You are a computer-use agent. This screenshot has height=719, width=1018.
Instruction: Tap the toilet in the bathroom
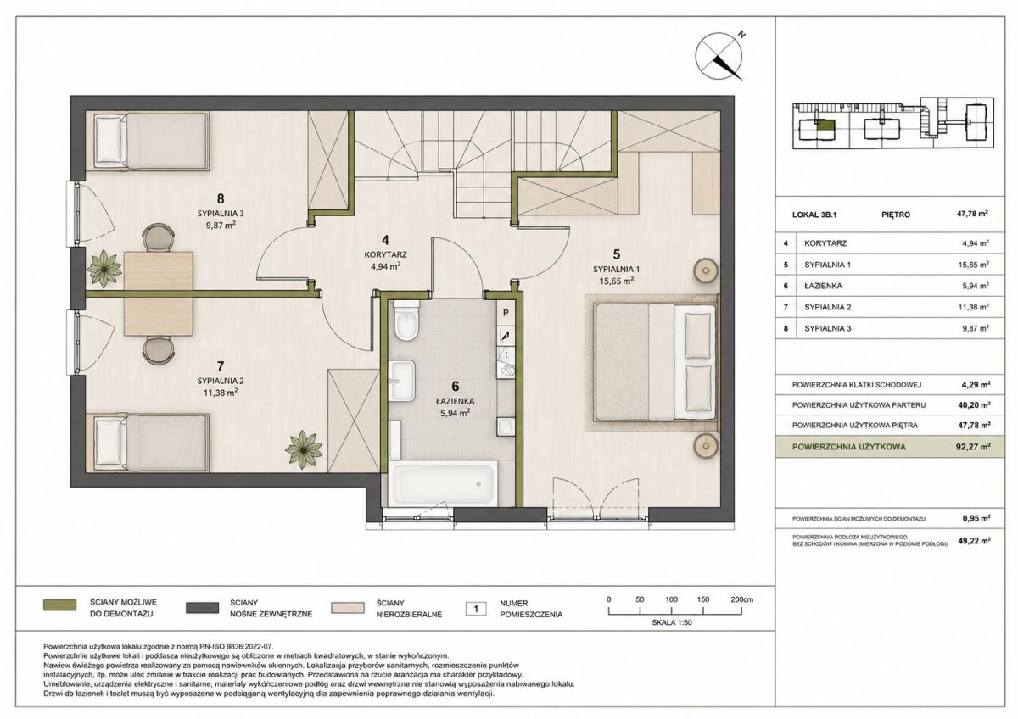(x=406, y=320)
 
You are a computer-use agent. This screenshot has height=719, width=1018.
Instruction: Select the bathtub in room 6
(x=443, y=482)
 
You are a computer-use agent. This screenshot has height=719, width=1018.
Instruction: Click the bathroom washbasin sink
(x=402, y=381)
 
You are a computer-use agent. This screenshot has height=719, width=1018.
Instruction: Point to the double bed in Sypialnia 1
(x=656, y=361)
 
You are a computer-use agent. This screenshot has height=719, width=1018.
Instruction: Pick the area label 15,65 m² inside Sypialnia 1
(x=616, y=281)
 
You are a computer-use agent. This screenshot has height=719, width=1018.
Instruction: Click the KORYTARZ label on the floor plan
(x=385, y=255)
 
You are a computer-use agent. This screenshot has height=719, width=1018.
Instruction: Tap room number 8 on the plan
(x=221, y=198)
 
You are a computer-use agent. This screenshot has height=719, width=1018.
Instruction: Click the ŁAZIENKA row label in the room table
(x=823, y=286)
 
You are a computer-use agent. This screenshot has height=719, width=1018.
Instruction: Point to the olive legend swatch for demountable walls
(x=59, y=606)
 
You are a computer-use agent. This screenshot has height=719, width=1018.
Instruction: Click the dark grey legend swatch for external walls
(x=202, y=608)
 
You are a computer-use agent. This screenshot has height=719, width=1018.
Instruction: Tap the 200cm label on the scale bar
(x=741, y=599)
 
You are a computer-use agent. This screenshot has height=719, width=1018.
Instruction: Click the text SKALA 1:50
(x=672, y=622)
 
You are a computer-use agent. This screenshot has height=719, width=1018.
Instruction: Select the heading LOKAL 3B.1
(x=814, y=215)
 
